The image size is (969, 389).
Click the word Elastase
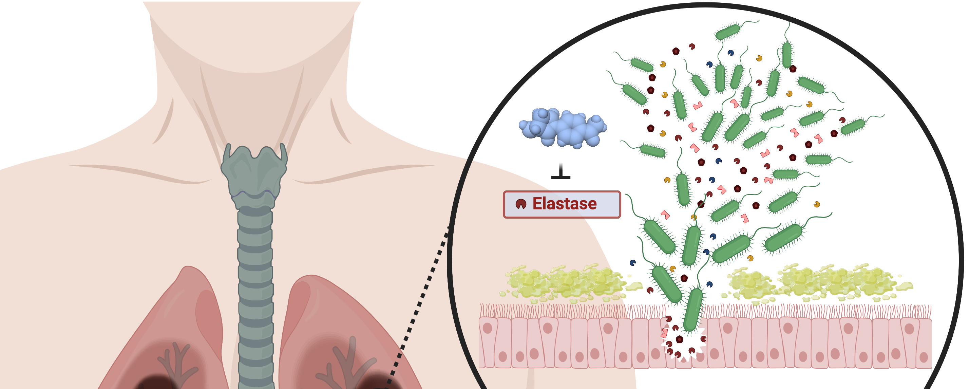[x=564, y=204]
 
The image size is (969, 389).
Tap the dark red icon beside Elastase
[x=520, y=204]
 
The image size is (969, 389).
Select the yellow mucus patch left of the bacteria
[x=564, y=282]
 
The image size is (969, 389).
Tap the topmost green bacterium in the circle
[x=728, y=32]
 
